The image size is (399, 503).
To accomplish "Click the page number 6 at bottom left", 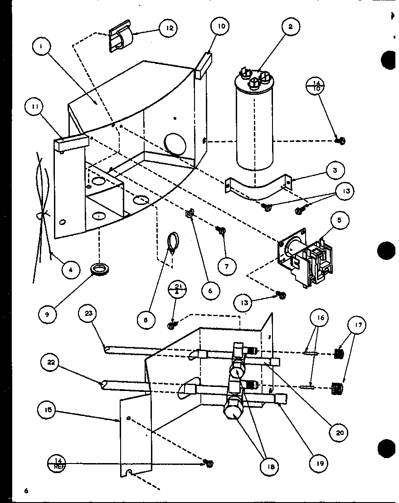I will point(27,491).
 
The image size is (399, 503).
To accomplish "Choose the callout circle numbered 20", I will point(340,432).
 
